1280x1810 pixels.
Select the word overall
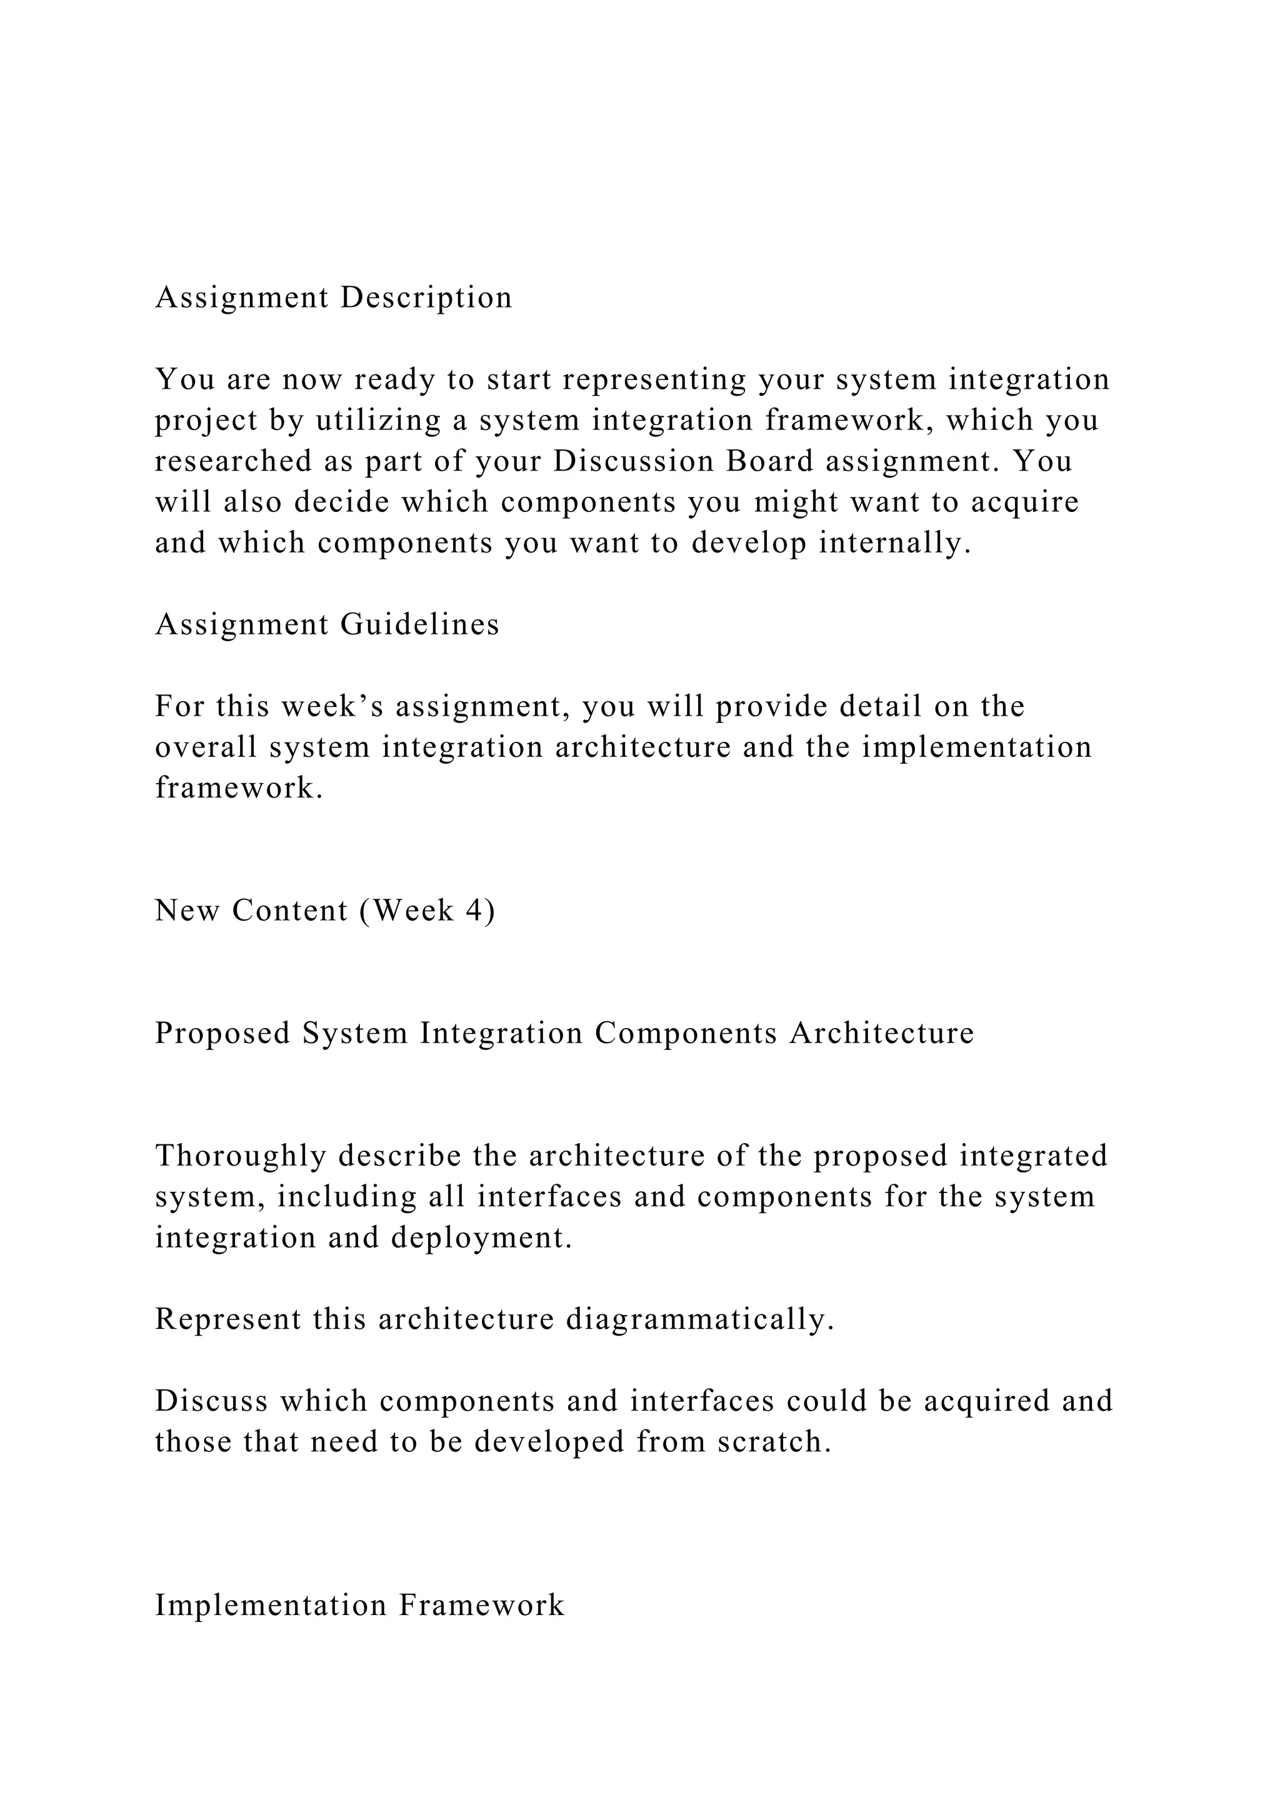(x=206, y=748)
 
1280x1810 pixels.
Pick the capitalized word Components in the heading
(x=686, y=1034)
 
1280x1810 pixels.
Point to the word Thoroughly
(x=241, y=1156)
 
